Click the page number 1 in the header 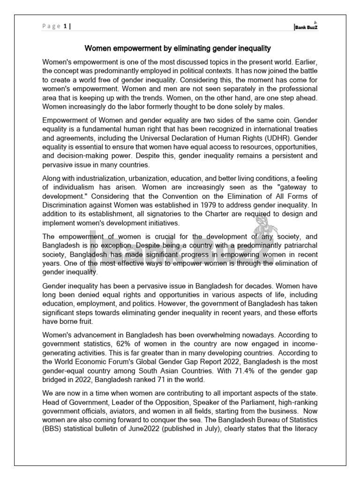pos(64,27)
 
